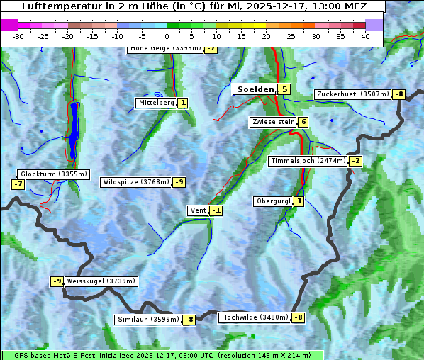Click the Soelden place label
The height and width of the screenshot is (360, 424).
255,89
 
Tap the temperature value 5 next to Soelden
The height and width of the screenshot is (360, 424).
284,89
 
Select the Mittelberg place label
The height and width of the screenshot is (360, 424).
156,103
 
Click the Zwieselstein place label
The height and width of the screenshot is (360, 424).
273,122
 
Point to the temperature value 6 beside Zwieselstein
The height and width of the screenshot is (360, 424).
303,122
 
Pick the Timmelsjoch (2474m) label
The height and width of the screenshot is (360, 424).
308,161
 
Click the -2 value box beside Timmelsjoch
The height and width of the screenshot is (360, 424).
355,161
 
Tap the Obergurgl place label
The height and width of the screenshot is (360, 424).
273,201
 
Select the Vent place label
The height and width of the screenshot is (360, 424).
198,210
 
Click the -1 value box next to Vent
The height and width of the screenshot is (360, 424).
216,210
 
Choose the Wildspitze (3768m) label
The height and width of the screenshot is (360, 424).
136,182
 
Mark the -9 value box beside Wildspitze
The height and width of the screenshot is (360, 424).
179,182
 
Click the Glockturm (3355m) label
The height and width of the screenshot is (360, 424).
53,174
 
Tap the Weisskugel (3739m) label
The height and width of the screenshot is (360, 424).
101,281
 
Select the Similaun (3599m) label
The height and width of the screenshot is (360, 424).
147,320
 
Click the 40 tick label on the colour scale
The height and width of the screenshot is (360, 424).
365,35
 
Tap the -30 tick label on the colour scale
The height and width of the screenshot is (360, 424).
18,35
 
